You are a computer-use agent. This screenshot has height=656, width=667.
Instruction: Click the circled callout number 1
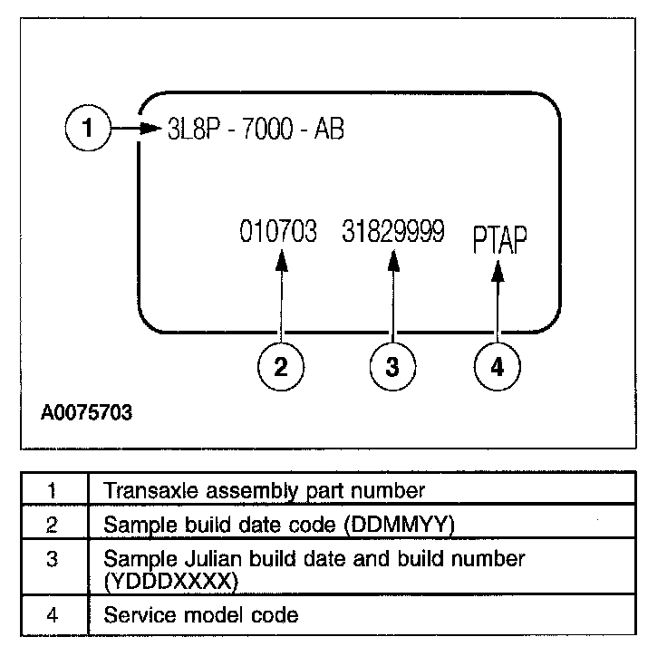87,128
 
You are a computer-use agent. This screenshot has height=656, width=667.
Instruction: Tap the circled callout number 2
281,366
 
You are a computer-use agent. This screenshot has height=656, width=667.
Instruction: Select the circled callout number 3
391,366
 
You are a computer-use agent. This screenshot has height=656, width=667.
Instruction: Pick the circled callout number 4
498,366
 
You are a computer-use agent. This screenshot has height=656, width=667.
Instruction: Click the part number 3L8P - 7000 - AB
256,128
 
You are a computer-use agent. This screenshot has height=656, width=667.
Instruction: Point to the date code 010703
278,233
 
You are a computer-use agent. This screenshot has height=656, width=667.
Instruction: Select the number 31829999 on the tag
393,233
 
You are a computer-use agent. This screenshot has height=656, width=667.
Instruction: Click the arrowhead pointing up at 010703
281,260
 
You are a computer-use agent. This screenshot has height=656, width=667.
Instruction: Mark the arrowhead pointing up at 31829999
391,260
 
